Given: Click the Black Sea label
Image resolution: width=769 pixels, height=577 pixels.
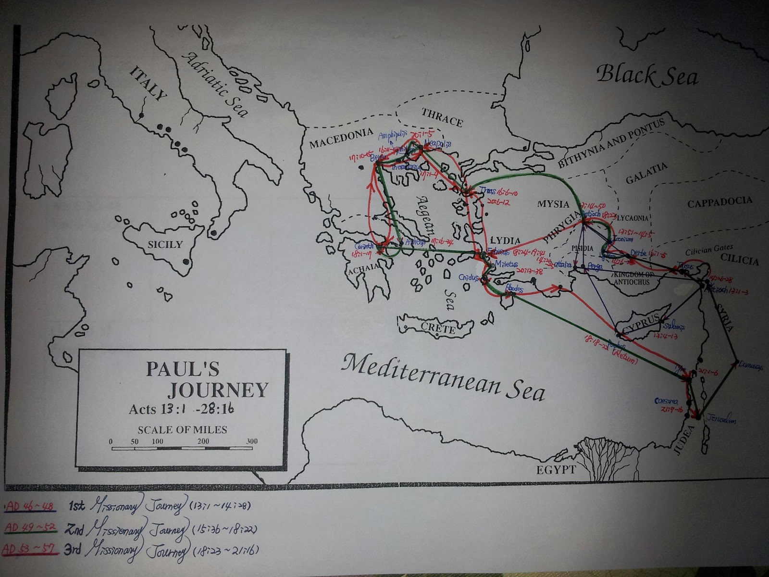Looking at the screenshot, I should click(x=647, y=75).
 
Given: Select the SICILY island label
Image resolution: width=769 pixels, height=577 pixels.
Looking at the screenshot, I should click(x=165, y=244).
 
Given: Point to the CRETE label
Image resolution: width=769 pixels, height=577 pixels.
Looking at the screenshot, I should click(x=438, y=329).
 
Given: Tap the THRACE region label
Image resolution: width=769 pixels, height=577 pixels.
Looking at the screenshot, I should click(x=442, y=117).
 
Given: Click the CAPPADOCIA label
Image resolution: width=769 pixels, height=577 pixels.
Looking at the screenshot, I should click(x=719, y=202).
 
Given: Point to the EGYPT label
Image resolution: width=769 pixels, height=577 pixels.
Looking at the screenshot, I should click(x=556, y=469).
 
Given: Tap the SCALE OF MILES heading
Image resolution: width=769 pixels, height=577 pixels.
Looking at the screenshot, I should click(x=182, y=429).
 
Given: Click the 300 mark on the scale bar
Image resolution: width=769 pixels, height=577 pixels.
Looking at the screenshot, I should click(x=252, y=441).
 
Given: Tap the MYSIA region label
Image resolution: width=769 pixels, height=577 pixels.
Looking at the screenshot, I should click(x=553, y=204).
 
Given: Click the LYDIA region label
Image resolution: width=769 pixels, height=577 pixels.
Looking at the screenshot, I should click(x=505, y=240).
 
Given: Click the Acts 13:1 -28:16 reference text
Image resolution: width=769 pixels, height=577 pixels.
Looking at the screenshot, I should click(x=182, y=409).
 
